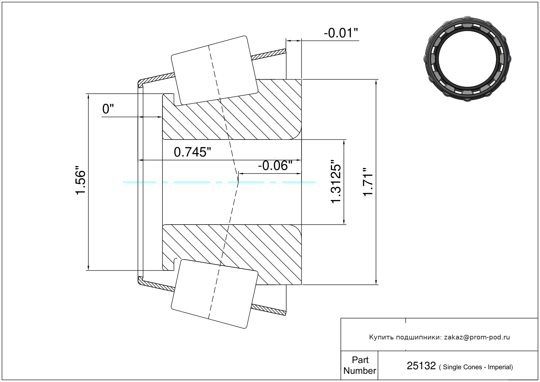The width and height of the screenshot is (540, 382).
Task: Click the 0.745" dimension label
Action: pyautogui.click(x=192, y=152)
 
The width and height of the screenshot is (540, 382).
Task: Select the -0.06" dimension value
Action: pyautogui.click(x=275, y=166)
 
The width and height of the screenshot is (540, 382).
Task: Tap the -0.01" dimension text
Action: pyautogui.click(x=341, y=33)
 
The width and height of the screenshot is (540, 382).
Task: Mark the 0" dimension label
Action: pyautogui.click(x=108, y=109)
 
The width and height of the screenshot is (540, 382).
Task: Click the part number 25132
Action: pyautogui.click(x=421, y=366)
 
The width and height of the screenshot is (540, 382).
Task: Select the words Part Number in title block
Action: pyautogui.click(x=360, y=365)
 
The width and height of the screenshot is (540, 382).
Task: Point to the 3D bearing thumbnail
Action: pyautogui.click(x=467, y=59)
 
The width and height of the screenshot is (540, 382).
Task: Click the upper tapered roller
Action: pyautogui.click(x=214, y=70)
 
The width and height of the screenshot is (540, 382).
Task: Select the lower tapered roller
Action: pyautogui.click(x=214, y=294)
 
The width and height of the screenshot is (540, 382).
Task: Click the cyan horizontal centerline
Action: pyautogui.click(x=219, y=182)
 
